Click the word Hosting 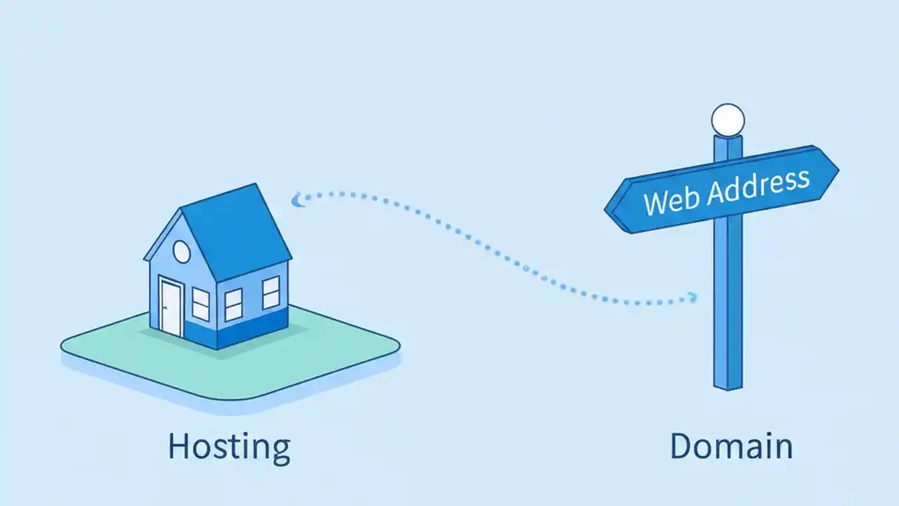[229, 447]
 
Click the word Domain [730, 447]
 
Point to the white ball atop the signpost [728, 119]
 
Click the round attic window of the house [181, 251]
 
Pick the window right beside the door [201, 304]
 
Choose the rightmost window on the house [271, 292]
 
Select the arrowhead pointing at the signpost [693, 297]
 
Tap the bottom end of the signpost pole [728, 384]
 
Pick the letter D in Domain [682, 447]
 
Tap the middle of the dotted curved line [492, 242]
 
